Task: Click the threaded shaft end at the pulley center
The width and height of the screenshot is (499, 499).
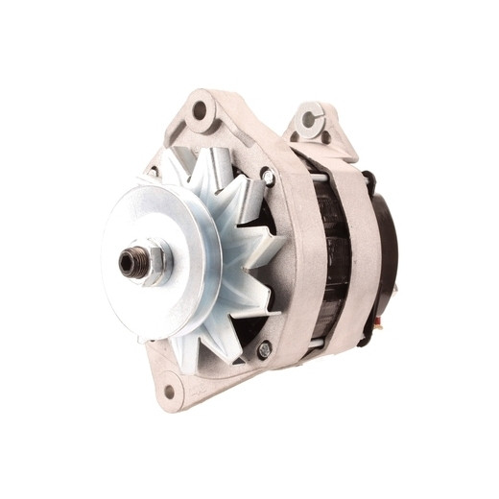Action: (x=129, y=260)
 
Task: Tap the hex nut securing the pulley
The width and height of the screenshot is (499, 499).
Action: (x=148, y=262)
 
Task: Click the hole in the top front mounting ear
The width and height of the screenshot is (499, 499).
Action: (x=200, y=111)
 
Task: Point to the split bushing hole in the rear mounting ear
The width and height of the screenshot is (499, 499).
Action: (x=308, y=120)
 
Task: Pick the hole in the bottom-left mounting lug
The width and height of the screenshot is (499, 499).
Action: (x=170, y=391)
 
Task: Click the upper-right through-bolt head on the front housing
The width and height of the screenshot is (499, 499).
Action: (x=268, y=178)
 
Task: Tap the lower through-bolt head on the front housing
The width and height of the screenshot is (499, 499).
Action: (x=263, y=350)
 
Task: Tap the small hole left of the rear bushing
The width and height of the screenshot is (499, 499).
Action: (x=294, y=136)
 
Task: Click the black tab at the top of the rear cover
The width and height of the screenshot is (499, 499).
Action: (x=369, y=178)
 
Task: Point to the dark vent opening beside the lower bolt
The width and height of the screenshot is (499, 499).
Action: (x=245, y=331)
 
